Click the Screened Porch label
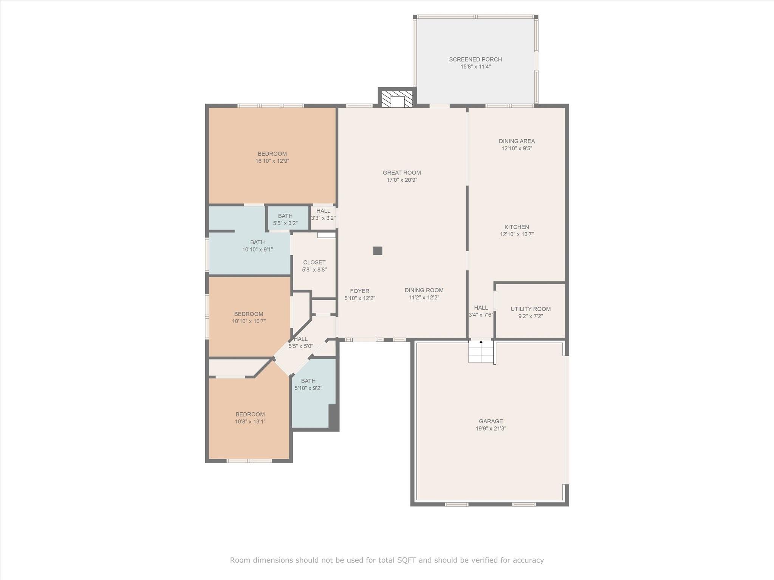475,59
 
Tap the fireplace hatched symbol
397,99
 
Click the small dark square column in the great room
378,251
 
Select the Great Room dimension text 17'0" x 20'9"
402,180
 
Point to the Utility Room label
531,309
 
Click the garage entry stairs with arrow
481,351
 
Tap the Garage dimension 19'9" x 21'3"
491,429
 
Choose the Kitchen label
517,227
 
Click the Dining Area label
517,141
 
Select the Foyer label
359,291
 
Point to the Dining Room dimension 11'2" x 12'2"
424,298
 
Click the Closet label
314,262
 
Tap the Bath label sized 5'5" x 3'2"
285,216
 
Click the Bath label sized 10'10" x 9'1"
257,242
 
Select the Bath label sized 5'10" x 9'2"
308,381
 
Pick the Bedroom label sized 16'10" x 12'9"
272,154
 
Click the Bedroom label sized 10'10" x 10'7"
249,314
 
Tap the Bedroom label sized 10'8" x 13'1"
250,414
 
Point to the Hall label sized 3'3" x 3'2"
323,211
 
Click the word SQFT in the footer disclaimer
407,560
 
